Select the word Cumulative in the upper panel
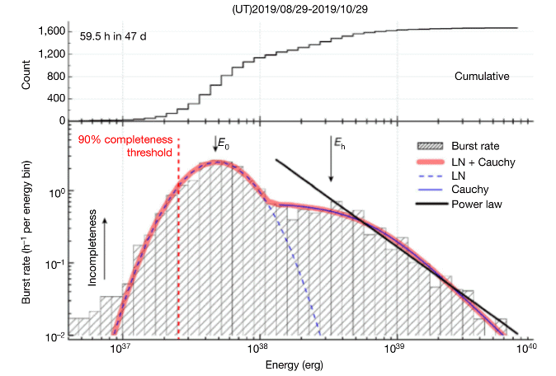(x=482, y=76)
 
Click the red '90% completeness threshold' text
(x=125, y=146)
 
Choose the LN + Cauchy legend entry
(x=481, y=162)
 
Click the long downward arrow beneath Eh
(x=332, y=167)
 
